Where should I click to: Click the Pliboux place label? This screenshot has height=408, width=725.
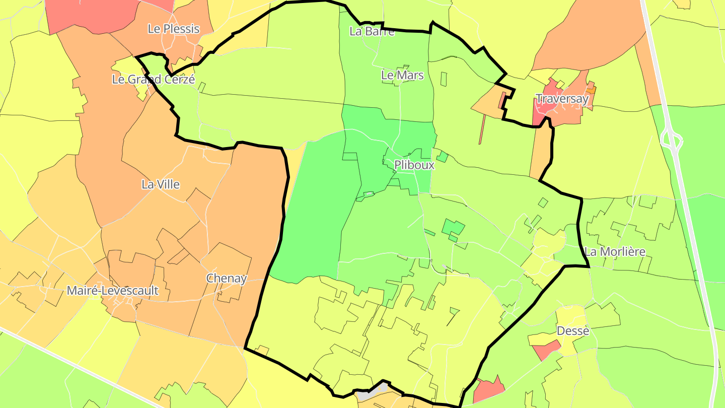[414, 165]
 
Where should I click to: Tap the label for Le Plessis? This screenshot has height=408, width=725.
[173, 29]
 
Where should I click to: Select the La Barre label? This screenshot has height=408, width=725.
[372, 31]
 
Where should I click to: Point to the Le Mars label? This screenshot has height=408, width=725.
[402, 76]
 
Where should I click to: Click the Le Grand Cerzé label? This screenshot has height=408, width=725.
[153, 79]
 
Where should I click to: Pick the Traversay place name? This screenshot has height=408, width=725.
[562, 99]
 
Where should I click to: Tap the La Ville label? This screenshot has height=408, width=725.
[161, 184]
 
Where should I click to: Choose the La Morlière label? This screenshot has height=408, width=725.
[615, 251]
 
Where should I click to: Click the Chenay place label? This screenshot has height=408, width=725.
[227, 278]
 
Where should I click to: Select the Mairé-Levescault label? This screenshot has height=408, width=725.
[113, 291]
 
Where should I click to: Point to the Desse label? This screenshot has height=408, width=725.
[573, 331]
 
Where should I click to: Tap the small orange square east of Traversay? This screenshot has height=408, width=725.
[591, 90]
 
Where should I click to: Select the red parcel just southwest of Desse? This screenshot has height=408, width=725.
[545, 349]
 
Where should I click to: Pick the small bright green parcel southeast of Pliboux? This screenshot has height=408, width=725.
[453, 228]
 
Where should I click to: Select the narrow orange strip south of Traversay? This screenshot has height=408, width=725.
[540, 151]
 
